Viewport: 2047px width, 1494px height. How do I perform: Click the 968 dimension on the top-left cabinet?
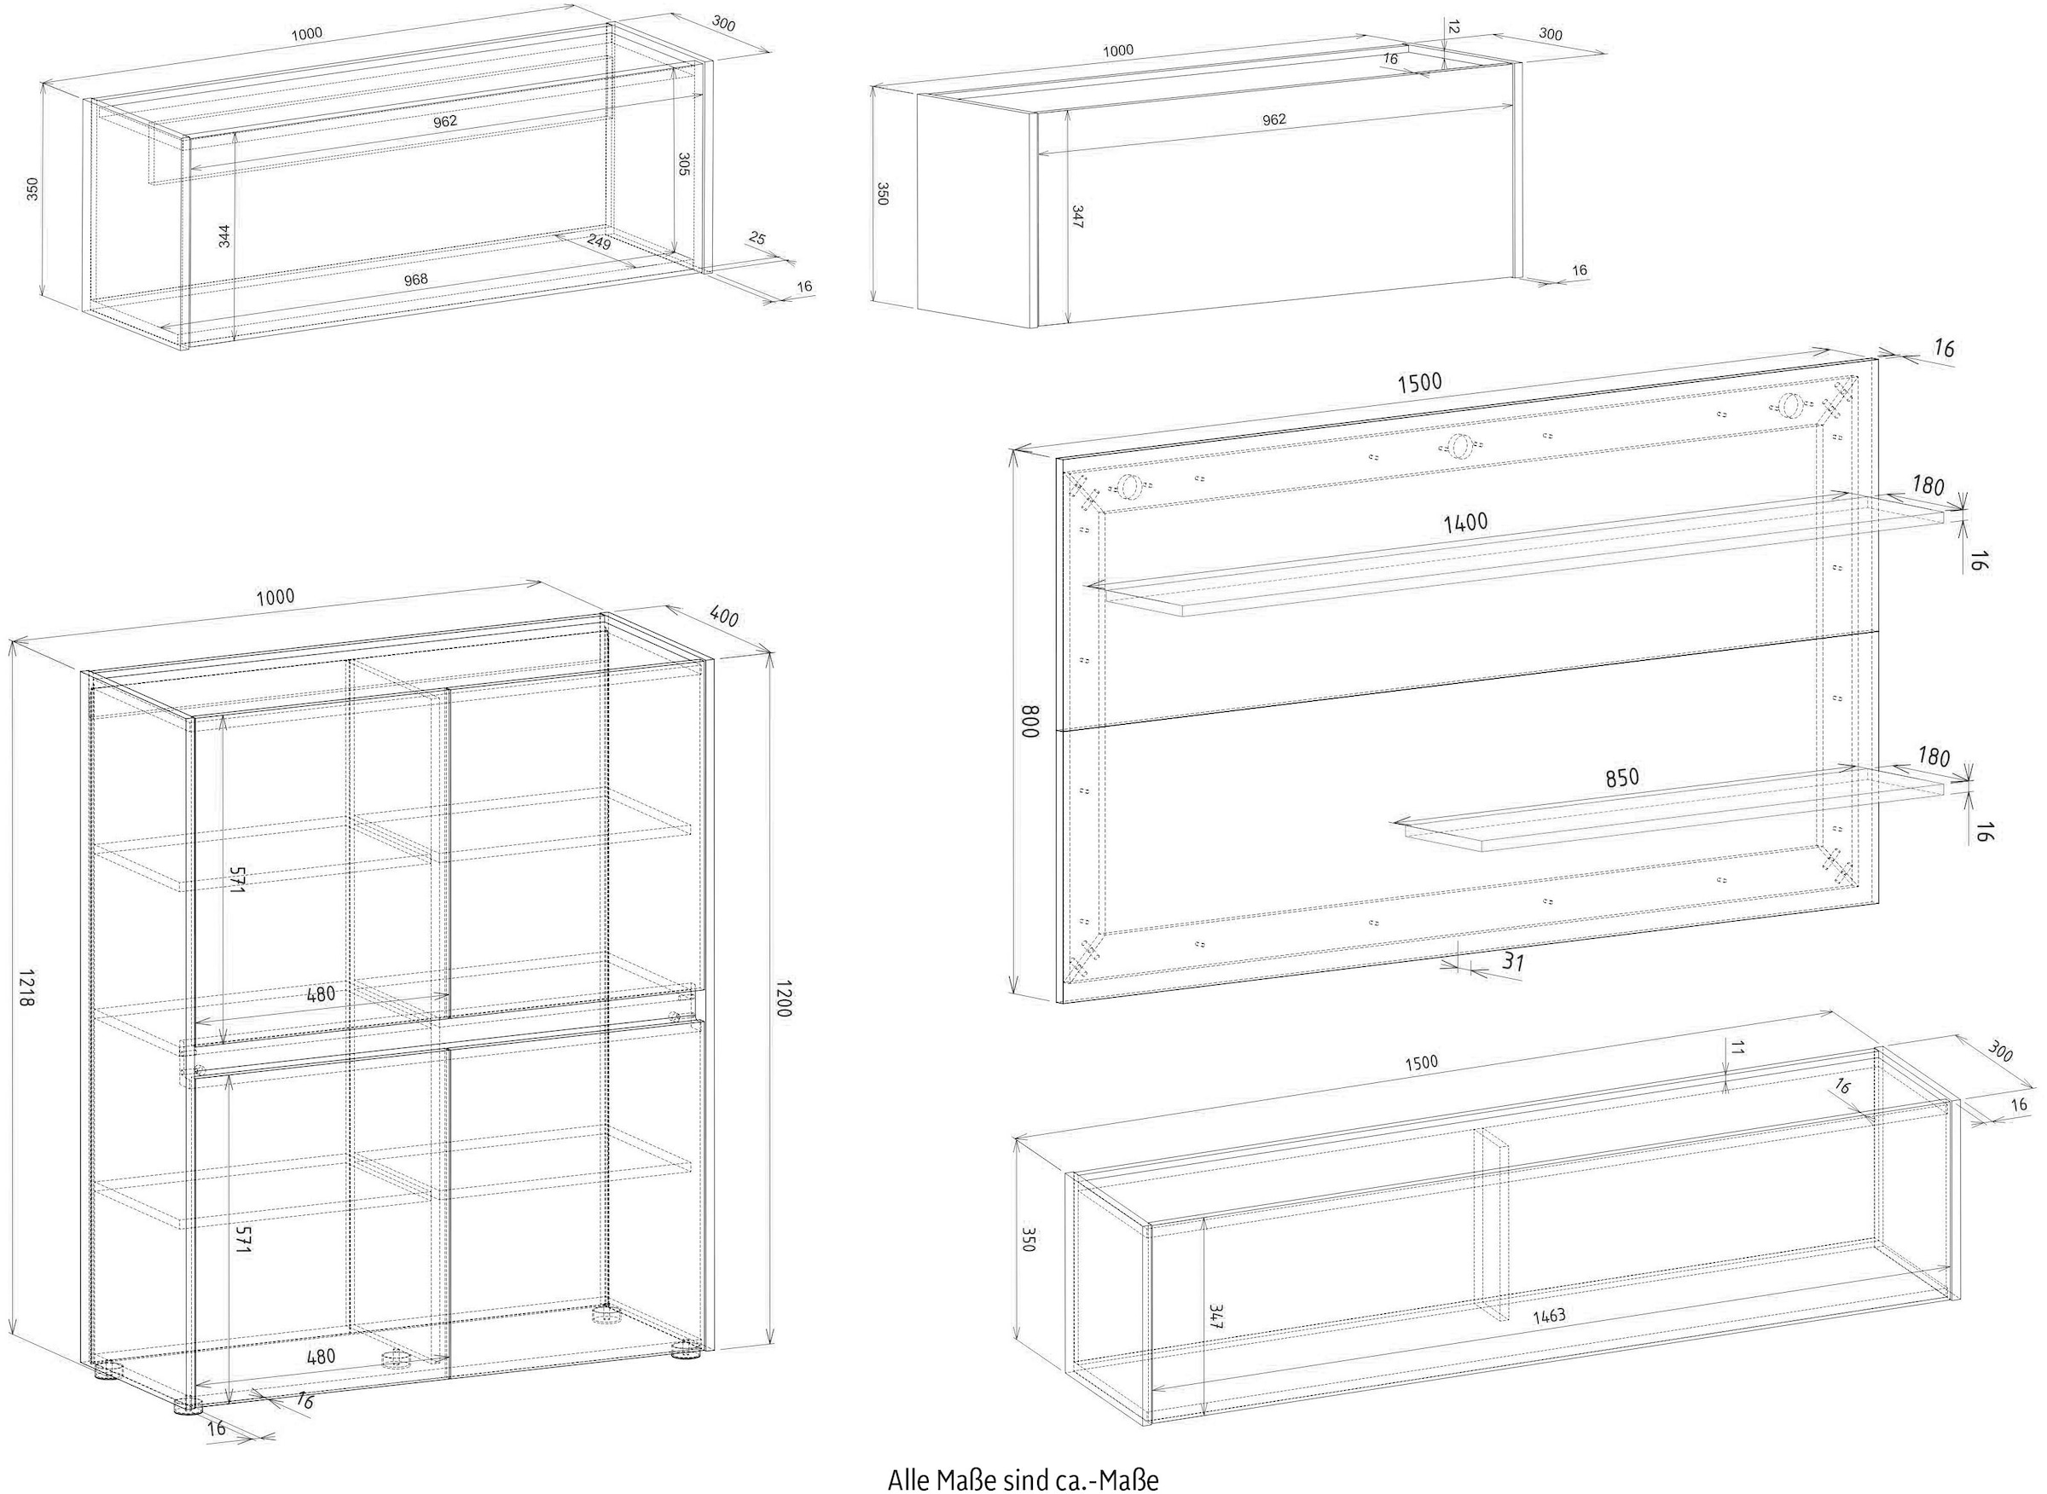[x=415, y=280]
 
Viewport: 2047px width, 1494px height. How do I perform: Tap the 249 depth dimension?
[x=599, y=242]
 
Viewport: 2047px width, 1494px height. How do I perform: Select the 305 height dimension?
[x=684, y=165]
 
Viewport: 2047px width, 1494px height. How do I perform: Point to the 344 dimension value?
[x=224, y=237]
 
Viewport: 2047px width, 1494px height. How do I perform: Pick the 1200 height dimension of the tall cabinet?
[x=782, y=996]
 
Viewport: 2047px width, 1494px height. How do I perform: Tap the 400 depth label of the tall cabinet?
[x=723, y=617]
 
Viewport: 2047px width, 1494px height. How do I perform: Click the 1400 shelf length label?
[x=1465, y=523]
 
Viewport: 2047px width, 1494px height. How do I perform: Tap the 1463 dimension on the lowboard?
[x=1550, y=1316]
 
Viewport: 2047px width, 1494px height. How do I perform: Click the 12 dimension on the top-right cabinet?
[x=1453, y=28]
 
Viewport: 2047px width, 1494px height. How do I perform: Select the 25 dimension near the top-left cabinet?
[x=758, y=239]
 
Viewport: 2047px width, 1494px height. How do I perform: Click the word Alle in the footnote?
[x=908, y=1480]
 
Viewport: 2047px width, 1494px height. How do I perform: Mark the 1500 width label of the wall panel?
[x=1420, y=383]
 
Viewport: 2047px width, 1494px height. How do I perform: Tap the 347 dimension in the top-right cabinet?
[x=1076, y=217]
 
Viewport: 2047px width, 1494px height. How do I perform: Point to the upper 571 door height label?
[x=237, y=879]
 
